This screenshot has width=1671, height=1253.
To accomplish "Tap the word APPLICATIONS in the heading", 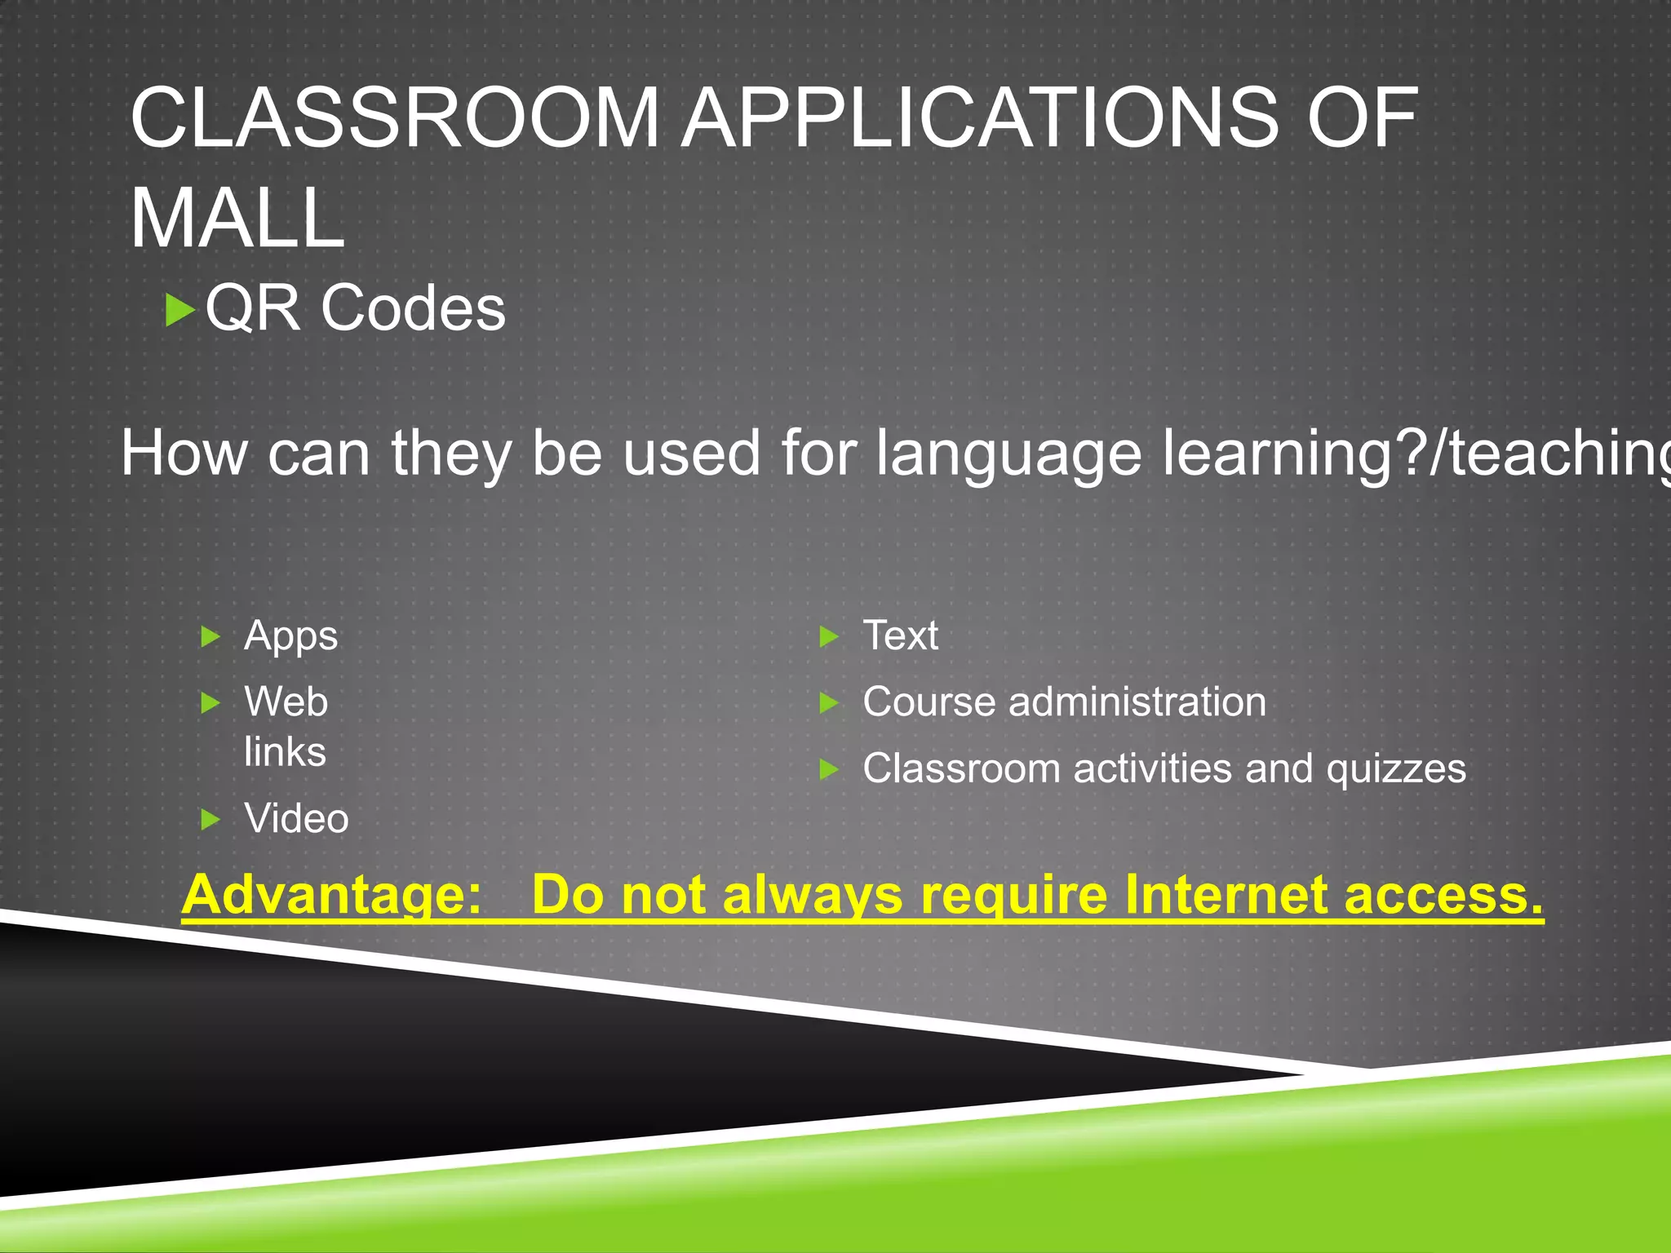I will point(980,119).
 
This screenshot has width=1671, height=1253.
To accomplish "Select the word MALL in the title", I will point(237,219).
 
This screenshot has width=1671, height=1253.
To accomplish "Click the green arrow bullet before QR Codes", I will point(180,310).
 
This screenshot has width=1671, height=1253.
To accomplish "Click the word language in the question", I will point(1008,454).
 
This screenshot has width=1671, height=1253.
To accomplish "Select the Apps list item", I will point(290,635).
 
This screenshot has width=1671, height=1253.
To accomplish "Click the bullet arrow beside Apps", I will point(211,636).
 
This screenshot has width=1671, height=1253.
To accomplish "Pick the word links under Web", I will point(285,752).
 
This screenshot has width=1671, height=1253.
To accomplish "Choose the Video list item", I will point(296,818).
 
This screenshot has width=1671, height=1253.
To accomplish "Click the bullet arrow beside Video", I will point(211,819).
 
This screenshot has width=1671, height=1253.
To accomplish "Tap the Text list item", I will point(901,635).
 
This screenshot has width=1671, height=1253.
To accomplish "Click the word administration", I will point(1137,702).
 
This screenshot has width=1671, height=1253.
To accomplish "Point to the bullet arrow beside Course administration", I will point(829,702).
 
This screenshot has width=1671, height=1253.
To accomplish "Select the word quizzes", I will point(1395,769).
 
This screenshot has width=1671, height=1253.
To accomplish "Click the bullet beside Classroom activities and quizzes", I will point(829,768).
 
